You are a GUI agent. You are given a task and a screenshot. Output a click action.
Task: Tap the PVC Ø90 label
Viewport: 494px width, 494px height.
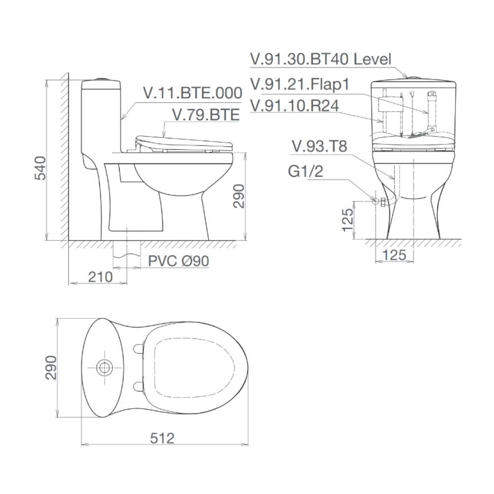coord(172,261)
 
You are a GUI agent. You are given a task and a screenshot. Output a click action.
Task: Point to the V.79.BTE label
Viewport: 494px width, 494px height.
coord(205,115)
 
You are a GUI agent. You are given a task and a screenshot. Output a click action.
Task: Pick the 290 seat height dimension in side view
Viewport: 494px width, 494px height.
coord(239,196)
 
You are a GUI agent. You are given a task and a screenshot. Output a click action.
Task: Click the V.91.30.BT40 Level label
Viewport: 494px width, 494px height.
coord(321,59)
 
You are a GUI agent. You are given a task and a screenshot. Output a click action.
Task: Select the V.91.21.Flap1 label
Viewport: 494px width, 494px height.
coord(300,84)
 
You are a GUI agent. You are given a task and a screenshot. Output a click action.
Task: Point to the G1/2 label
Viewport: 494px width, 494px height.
coord(306,171)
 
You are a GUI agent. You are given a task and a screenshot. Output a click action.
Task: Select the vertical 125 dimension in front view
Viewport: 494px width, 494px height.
coord(348,220)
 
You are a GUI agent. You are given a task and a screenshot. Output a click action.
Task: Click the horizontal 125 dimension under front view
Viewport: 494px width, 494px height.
coord(394,255)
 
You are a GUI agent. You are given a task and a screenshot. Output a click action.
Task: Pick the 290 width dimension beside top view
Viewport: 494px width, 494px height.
coord(51,368)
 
